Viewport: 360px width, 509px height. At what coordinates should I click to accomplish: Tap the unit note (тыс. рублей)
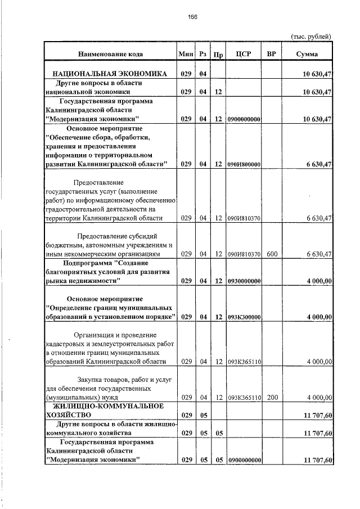[x=311, y=37]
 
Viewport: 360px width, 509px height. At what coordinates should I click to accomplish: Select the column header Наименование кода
[x=110, y=54]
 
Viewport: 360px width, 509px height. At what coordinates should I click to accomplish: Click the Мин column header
[x=185, y=54]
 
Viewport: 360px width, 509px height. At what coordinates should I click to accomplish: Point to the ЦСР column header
[x=244, y=54]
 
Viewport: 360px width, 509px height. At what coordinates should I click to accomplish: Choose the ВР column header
[x=272, y=54]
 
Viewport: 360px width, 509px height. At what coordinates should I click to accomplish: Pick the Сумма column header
[x=307, y=54]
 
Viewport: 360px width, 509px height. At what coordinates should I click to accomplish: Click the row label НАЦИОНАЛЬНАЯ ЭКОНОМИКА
[x=110, y=74]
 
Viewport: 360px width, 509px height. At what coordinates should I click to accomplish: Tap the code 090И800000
[x=244, y=164]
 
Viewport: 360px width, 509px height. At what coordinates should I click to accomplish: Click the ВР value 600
[x=272, y=254]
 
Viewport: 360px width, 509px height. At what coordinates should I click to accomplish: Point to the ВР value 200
[x=272, y=398]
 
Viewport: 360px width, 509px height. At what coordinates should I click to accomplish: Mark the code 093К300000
[x=244, y=317]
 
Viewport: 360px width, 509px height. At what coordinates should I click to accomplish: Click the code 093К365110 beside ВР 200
[x=244, y=398]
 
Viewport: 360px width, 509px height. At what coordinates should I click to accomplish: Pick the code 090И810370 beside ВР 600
[x=244, y=254]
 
